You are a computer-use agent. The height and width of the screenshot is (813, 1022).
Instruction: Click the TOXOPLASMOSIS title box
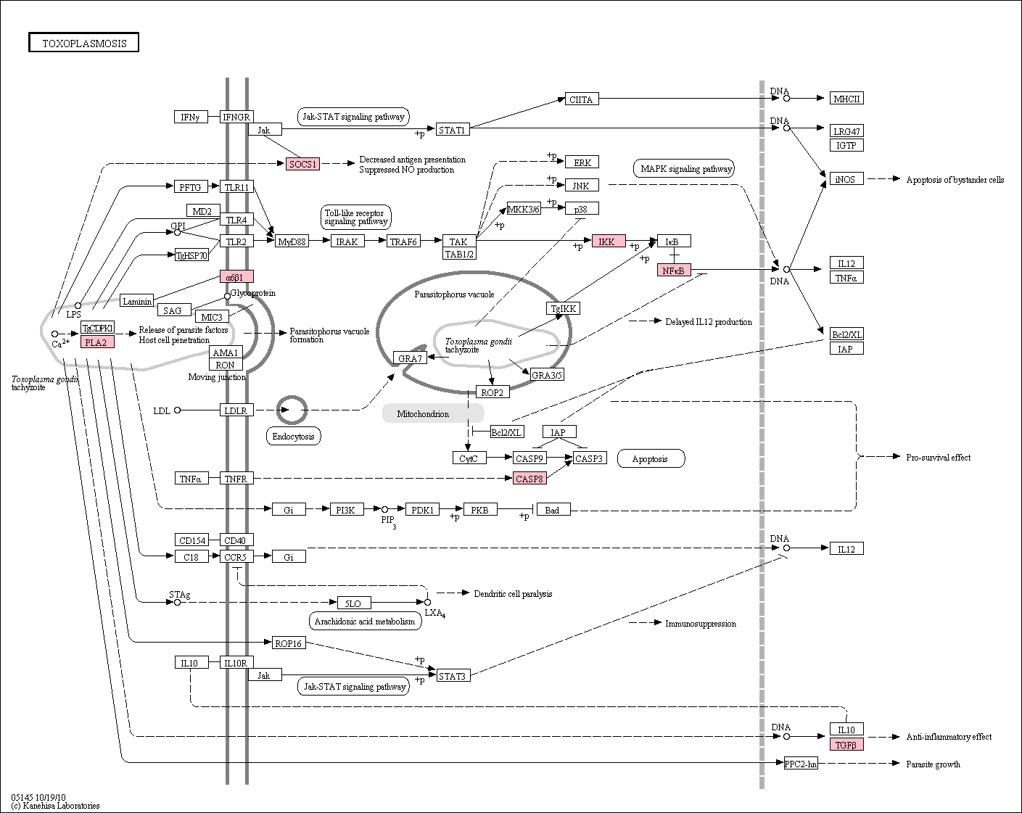(x=83, y=42)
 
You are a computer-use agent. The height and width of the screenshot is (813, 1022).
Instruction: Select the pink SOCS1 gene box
(x=303, y=165)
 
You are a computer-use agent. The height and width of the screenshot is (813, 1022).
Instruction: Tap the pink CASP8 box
(x=529, y=479)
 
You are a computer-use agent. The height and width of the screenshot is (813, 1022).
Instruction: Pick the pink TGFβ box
(x=846, y=745)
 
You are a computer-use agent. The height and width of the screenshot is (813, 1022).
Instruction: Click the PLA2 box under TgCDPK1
(x=97, y=342)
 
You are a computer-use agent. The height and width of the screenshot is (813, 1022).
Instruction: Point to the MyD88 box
(x=292, y=242)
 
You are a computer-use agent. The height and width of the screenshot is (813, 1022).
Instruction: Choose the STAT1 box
(x=453, y=130)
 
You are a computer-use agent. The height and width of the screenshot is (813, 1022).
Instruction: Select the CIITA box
(x=582, y=99)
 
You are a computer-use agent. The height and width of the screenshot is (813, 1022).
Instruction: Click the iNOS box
(x=846, y=179)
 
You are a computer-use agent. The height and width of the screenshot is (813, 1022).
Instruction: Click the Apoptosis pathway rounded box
(x=651, y=459)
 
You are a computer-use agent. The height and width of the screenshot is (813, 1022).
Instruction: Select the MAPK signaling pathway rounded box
(x=683, y=168)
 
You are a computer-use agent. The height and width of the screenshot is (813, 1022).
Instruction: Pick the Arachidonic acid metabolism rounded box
(x=365, y=621)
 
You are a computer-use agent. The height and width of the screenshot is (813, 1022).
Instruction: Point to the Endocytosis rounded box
(x=293, y=437)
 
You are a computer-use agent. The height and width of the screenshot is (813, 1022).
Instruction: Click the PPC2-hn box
(x=801, y=764)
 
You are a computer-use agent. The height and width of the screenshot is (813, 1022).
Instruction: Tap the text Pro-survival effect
(x=938, y=458)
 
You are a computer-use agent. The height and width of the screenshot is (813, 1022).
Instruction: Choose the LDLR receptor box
(x=236, y=410)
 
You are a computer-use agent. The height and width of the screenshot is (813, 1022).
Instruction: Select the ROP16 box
(x=289, y=643)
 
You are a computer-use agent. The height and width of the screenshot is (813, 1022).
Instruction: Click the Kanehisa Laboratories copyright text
(x=56, y=806)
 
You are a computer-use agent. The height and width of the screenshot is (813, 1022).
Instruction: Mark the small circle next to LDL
(x=177, y=410)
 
